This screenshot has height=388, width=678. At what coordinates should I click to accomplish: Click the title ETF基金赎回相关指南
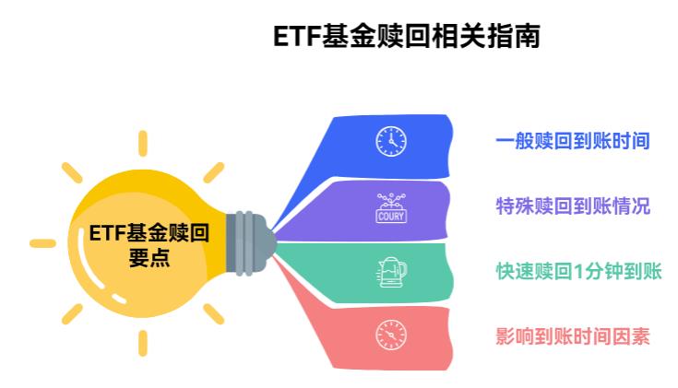[406, 36]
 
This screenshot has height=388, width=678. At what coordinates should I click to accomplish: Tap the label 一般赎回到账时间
[573, 141]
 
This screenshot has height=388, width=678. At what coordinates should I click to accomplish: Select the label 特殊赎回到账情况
[573, 206]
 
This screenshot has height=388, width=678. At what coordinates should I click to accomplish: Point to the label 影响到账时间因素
[573, 336]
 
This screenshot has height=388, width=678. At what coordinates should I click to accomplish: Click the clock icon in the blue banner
[390, 141]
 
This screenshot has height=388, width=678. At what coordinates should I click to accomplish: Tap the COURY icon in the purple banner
[390, 207]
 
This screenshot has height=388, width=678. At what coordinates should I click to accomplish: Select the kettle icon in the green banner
[390, 271]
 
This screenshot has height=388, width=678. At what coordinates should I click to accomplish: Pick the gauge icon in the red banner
[390, 335]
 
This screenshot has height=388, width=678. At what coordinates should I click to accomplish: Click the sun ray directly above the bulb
[143, 143]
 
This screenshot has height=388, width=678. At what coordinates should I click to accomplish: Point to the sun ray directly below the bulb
[143, 343]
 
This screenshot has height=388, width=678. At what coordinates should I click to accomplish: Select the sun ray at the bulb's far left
[42, 243]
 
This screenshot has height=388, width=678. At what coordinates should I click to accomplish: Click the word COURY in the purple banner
[390, 218]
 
